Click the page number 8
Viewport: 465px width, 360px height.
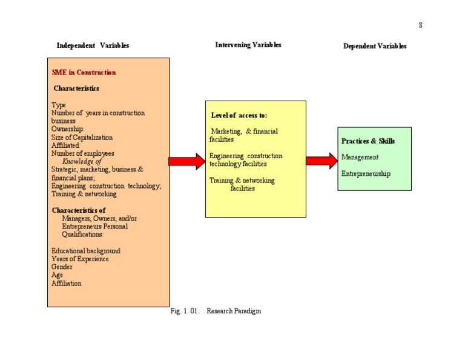coord(420,25)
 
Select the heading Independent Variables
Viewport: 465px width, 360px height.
coord(93,45)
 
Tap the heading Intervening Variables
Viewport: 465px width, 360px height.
coord(248,45)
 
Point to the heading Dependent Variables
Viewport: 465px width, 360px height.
coord(375,46)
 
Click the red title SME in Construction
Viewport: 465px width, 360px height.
coord(84,73)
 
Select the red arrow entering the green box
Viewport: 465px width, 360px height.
coord(322,161)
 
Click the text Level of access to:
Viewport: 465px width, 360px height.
coord(239,115)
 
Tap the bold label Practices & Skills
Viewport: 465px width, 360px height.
coord(368,141)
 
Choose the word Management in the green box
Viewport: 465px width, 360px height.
coord(360,157)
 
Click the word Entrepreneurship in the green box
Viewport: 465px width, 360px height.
coord(366,173)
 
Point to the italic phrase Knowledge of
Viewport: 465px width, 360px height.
coord(82,161)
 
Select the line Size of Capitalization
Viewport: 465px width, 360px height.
coord(82,137)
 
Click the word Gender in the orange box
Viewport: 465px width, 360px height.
coord(62,267)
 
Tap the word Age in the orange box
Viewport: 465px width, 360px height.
coord(57,275)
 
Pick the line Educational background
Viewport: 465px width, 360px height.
coord(85,251)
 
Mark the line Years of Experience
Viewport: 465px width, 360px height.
coord(80,259)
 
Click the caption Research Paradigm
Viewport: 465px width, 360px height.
coord(234,311)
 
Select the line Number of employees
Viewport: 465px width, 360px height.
coord(82,153)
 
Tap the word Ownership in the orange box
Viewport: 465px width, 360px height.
coord(67,129)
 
